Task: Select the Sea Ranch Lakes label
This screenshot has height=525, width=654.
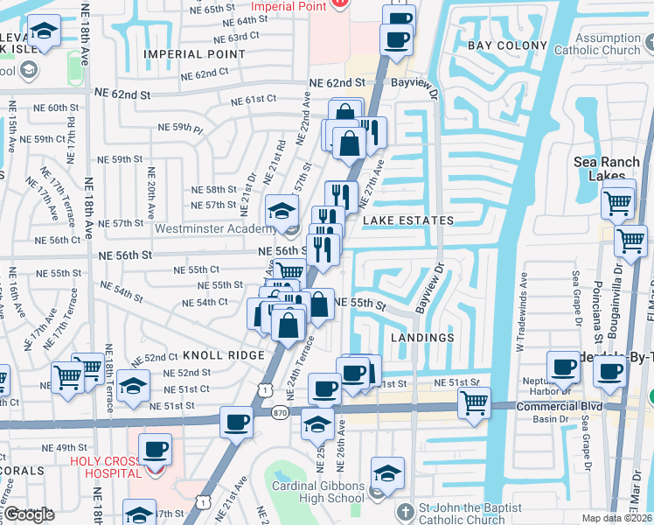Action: pyautogui.click(x=609, y=169)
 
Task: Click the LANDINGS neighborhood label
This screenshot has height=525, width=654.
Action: pyautogui.click(x=422, y=337)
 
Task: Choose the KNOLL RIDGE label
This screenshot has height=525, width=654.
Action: pyautogui.click(x=223, y=355)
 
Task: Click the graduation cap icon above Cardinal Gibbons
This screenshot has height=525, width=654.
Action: pyautogui.click(x=387, y=474)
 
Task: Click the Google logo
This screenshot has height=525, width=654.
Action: pyautogui.click(x=28, y=515)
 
